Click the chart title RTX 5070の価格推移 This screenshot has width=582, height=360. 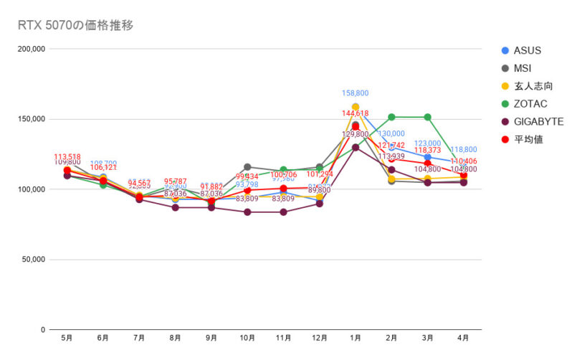tap(75, 26)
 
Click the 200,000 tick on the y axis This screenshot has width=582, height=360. tap(32, 49)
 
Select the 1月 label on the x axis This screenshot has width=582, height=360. tap(356, 337)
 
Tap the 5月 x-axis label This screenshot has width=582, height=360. tap(67, 337)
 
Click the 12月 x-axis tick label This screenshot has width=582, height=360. tap(320, 337)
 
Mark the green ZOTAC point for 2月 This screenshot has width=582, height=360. tap(392, 117)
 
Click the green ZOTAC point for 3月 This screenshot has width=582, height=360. tap(428, 117)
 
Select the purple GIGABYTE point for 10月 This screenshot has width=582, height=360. tap(247, 212)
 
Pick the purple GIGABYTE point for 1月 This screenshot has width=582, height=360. tap(356, 147)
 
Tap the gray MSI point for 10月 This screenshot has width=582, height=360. tap(247, 167)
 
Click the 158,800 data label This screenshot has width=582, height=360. tap(356, 93)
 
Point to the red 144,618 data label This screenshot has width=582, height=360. tap(356, 113)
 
